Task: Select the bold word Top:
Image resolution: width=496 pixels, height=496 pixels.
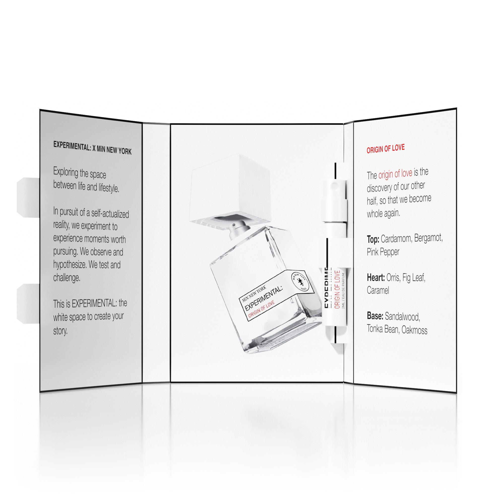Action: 373,240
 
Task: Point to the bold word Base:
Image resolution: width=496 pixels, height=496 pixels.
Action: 375,316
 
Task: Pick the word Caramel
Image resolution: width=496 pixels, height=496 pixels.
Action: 378,291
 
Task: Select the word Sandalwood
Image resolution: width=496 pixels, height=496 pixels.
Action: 402,317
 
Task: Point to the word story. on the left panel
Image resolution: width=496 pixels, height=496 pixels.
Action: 60,331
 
